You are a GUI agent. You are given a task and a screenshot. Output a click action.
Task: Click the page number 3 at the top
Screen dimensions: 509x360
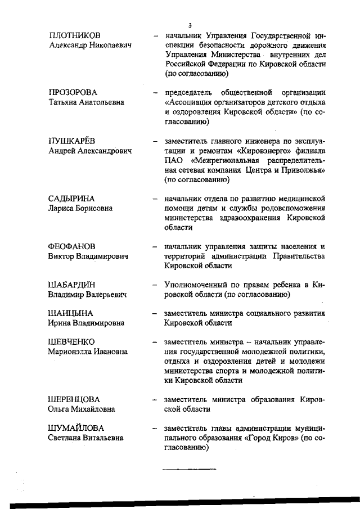pos(190,25)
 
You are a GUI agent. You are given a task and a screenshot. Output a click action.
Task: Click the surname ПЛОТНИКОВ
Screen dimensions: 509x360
pos(76,35)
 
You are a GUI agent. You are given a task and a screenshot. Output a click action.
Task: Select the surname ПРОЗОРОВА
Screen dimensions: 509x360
pos(73,92)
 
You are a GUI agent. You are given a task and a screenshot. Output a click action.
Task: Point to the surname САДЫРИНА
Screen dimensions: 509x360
pos(71,198)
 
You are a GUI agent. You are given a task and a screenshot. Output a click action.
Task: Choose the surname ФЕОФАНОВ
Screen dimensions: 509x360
pos(72,246)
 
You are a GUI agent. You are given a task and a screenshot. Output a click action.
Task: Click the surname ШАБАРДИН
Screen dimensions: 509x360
pos(71,285)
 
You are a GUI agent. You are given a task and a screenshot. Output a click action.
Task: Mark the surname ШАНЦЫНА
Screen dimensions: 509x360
pos(70,313)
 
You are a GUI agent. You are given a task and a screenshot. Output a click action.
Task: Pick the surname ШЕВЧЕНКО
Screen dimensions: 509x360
pos(71,341)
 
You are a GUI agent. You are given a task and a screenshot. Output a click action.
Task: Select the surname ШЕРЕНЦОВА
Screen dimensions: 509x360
pos(74,399)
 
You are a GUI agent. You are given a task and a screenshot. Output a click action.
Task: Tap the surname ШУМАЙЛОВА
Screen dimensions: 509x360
pos(76,427)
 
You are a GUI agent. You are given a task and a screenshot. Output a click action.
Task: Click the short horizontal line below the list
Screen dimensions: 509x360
pos(189,468)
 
